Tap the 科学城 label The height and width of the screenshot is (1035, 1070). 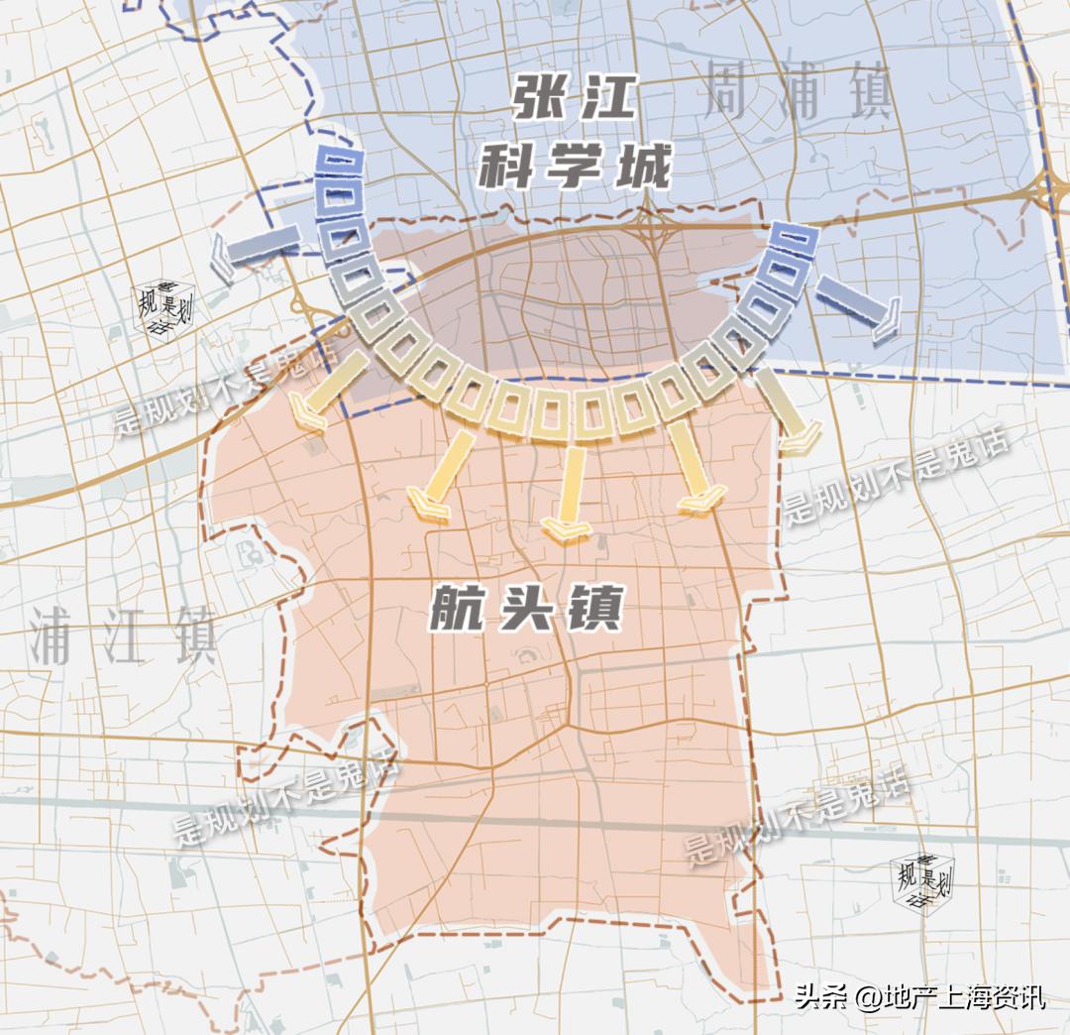click(x=575, y=166)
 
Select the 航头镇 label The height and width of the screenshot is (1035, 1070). click(x=526, y=608)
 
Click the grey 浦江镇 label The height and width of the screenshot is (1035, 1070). click(x=123, y=635)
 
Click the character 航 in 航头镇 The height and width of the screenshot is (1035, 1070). click(x=457, y=608)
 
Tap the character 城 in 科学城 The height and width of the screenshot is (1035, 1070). click(x=642, y=166)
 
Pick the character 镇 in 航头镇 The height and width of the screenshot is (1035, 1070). click(x=595, y=608)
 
